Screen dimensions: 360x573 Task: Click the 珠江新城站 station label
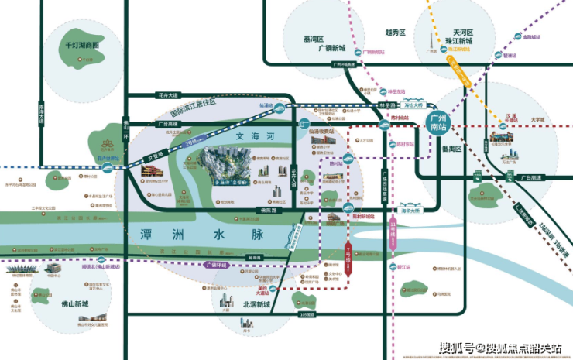[x=459, y=48]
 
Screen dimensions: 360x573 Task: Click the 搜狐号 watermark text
[x=457, y=348]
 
